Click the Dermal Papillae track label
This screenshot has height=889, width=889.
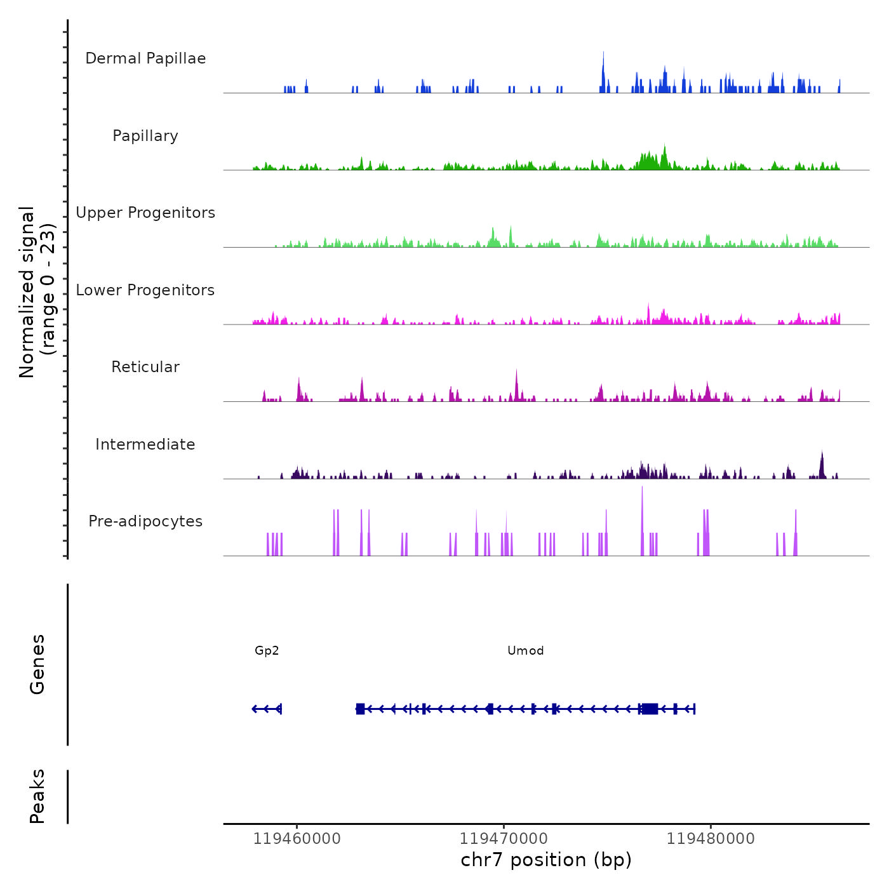click(x=145, y=58)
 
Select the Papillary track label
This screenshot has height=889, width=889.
click(x=145, y=136)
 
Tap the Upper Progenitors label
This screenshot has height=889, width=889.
click(x=145, y=213)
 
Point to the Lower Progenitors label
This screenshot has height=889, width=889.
click(x=145, y=290)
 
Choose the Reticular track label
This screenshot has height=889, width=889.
click(x=145, y=367)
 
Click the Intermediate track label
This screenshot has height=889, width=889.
click(x=145, y=444)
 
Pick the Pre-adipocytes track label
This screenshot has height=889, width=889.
click(x=145, y=521)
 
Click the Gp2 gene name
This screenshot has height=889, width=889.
click(x=267, y=650)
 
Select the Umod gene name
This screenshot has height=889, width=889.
click(x=525, y=650)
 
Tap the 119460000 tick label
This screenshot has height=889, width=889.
click(x=297, y=839)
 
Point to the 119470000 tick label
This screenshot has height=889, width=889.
click(x=504, y=839)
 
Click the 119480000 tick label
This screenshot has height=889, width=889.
click(x=711, y=839)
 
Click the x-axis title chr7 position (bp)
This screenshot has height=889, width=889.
click(x=546, y=860)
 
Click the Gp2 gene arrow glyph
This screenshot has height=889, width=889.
click(x=267, y=709)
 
